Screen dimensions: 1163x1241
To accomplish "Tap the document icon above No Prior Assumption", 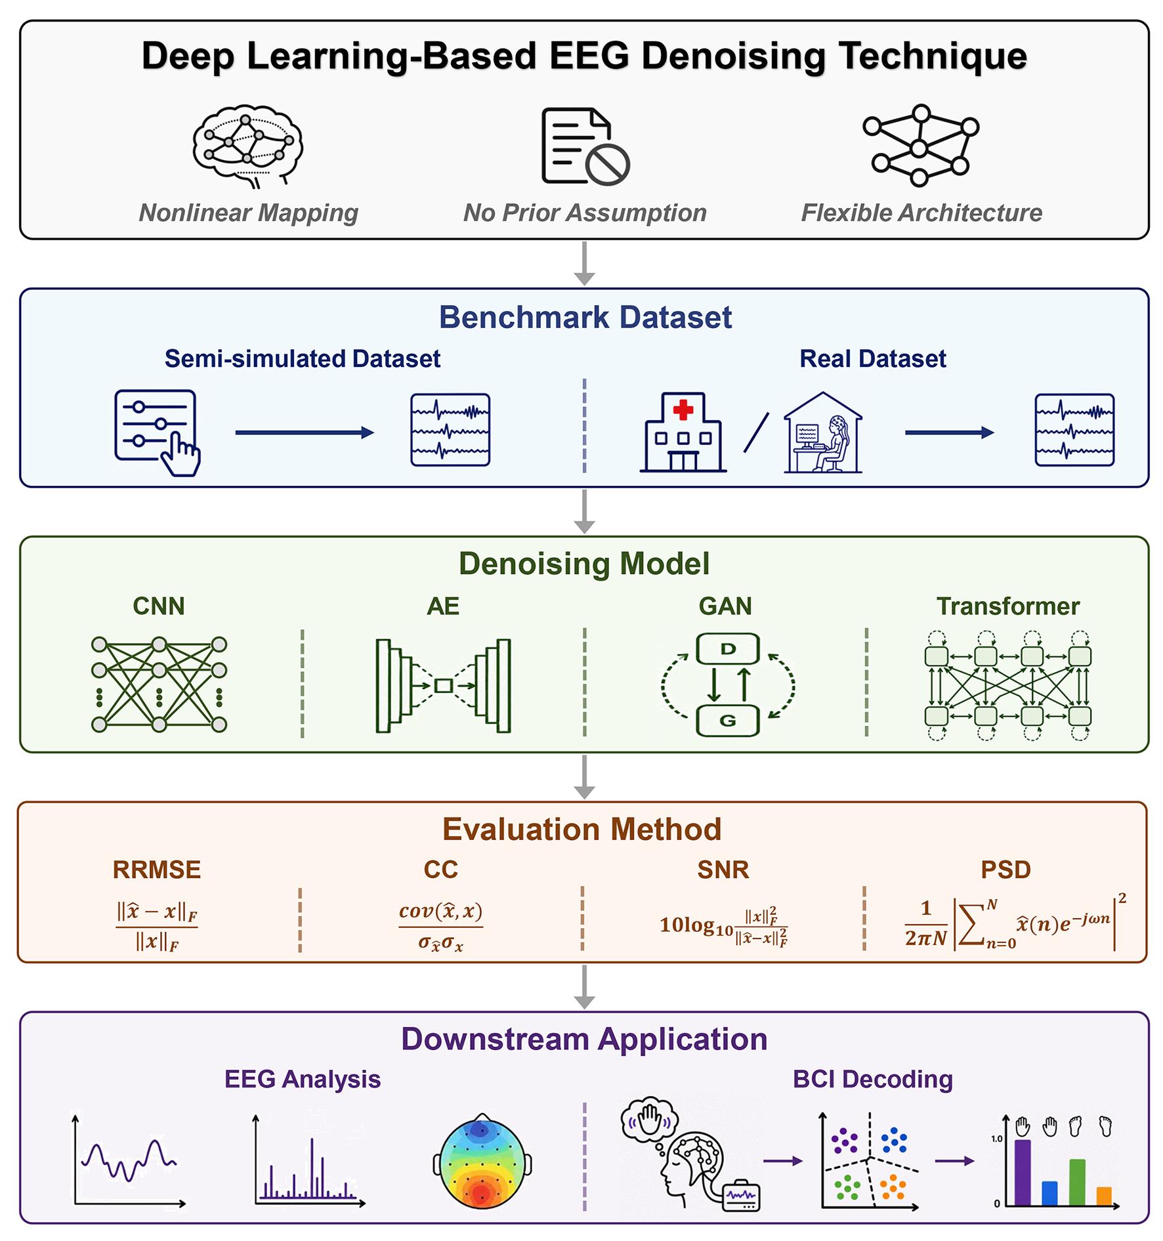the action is (585, 146).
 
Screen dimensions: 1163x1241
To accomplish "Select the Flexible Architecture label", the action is (921, 213).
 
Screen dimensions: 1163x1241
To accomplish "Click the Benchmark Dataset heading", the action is (585, 317).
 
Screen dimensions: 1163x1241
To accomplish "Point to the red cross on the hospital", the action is (683, 410).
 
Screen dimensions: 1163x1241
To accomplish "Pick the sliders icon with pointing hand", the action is (158, 432).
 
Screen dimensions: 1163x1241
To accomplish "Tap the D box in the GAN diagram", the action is (727, 649).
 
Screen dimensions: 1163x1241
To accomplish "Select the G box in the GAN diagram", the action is (727, 721).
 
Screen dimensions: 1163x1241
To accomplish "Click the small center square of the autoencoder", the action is (444, 685).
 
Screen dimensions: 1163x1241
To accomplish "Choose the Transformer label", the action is (1007, 606).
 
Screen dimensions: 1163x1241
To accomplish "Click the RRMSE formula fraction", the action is (157, 926).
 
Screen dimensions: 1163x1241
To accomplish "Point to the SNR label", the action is (723, 870).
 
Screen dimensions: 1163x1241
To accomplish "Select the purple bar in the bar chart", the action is (1023, 1173).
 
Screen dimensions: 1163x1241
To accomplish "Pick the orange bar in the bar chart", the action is (1104, 1196).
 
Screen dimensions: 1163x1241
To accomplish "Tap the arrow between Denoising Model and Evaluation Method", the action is (584, 776).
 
